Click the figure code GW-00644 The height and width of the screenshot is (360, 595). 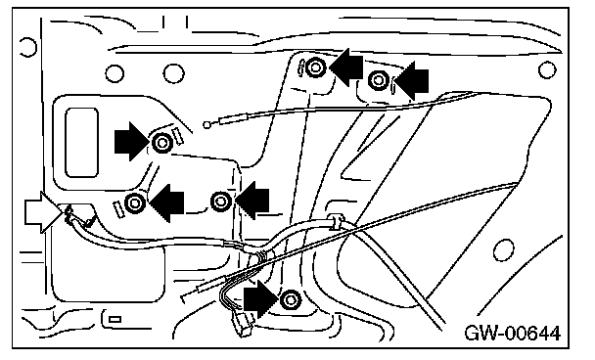(512, 334)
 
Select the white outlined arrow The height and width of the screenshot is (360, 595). (42, 211)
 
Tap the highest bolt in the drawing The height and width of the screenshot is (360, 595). (315, 67)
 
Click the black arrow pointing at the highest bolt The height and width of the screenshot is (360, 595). (346, 67)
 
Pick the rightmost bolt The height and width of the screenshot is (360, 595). (378, 80)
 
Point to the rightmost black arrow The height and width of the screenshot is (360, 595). (412, 80)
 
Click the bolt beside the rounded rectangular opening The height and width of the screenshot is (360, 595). (162, 143)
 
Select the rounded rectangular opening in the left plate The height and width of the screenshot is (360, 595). (81, 143)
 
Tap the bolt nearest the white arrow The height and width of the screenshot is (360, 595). (135, 202)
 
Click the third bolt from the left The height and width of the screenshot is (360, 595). (221, 202)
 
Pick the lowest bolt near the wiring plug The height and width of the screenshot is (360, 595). (291, 300)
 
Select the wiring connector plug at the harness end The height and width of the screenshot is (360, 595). (244, 325)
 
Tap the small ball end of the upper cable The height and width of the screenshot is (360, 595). (206, 124)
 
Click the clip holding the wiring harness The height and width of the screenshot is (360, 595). (337, 221)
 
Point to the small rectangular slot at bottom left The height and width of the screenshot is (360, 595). (114, 319)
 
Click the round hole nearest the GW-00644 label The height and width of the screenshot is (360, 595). (504, 250)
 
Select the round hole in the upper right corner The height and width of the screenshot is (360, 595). (547, 69)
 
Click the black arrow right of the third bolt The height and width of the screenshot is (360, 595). (252, 201)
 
